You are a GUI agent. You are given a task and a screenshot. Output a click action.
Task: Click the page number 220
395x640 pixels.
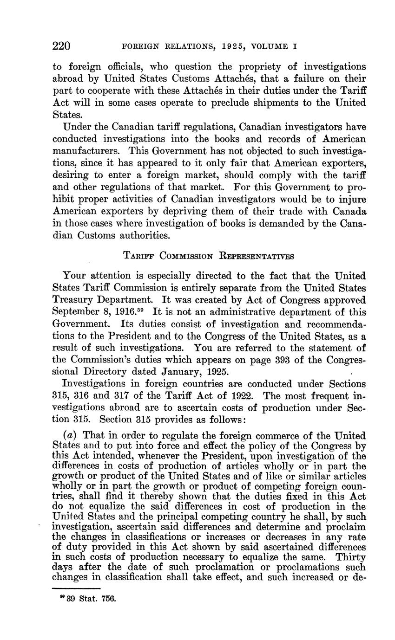pos(61,46)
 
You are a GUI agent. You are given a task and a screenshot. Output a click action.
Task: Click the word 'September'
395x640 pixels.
pos(74,312)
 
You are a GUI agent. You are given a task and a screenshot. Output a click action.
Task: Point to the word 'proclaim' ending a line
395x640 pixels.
pos(348,527)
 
